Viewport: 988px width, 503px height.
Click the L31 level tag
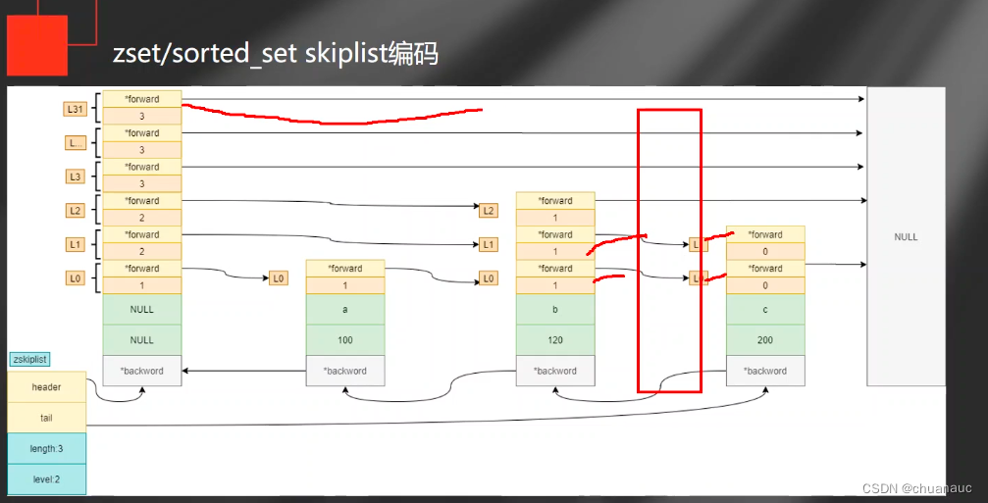tap(75, 109)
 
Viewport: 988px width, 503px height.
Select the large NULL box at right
tap(905, 236)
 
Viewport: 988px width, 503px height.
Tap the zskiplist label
tap(28, 360)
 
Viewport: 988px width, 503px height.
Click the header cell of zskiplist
tap(46, 387)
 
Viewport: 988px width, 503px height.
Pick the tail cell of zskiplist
tap(46, 417)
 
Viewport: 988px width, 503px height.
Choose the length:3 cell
tap(46, 448)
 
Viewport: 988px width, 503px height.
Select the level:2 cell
tap(46, 478)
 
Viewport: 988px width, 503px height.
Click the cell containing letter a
tap(345, 309)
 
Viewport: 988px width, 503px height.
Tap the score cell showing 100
tap(345, 339)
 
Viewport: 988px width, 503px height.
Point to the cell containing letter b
tap(555, 309)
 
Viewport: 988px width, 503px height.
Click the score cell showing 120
tap(555, 339)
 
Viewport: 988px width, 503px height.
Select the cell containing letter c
tap(765, 309)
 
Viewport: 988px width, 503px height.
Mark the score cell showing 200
tap(765, 339)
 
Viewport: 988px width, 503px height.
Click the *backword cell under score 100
tap(345, 371)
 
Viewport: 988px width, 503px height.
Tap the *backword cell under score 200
tap(765, 371)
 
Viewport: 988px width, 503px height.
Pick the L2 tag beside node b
tap(489, 210)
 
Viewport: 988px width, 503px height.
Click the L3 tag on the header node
tap(75, 176)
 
